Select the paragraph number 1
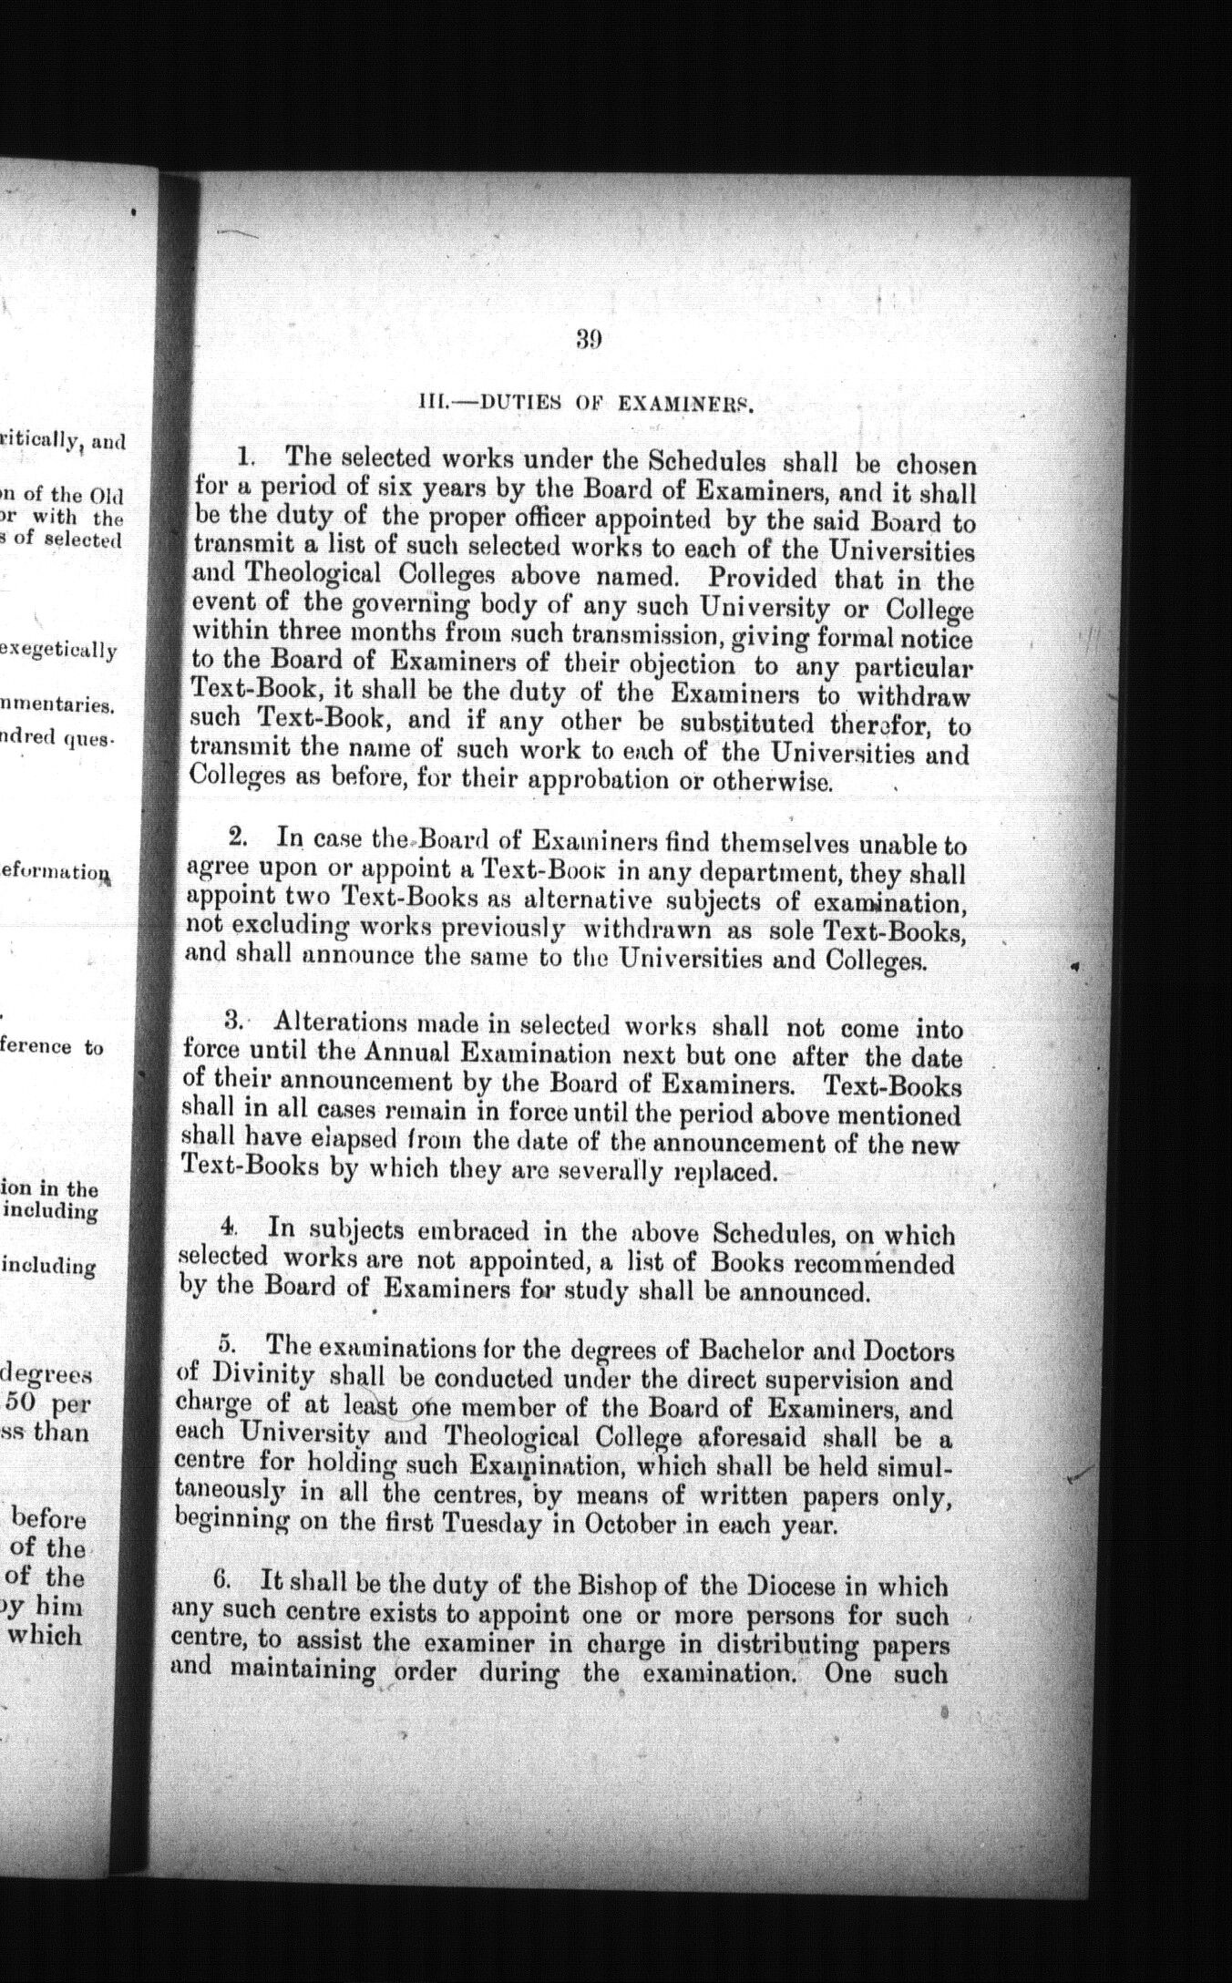pyautogui.click(x=242, y=455)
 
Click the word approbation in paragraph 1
pyautogui.click(x=593, y=782)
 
